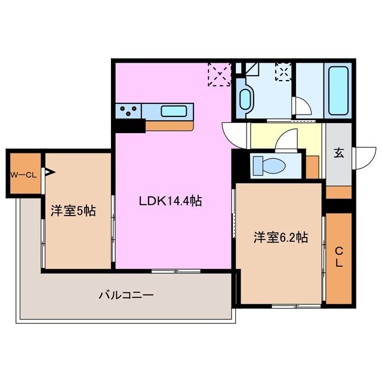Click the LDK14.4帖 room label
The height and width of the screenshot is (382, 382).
click(x=170, y=201)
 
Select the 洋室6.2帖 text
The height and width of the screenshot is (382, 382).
click(x=280, y=238)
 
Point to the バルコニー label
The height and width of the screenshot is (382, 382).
click(x=126, y=295)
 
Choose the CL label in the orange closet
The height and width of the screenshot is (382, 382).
click(x=338, y=256)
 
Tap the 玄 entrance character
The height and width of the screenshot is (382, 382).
click(x=338, y=153)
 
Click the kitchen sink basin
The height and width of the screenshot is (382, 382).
click(x=174, y=110)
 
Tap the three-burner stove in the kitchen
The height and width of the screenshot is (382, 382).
click(x=131, y=110)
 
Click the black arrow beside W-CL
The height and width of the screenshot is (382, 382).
click(x=48, y=174)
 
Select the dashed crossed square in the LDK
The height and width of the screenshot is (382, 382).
click(x=219, y=75)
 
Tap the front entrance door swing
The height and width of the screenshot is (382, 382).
click(x=362, y=158)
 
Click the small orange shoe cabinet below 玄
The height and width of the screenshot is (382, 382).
click(x=338, y=192)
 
